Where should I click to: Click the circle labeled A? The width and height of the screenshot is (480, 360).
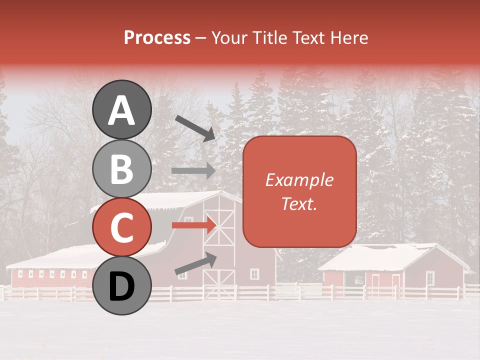[121, 109]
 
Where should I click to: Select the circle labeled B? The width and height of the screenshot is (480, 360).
[121, 168]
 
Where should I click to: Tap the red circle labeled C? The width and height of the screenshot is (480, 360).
[121, 227]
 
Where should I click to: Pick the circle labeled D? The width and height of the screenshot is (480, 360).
[121, 286]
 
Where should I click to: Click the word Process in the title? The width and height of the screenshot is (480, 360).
[157, 37]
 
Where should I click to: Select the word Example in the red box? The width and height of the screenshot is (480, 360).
[299, 180]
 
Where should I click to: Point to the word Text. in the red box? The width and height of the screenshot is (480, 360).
[299, 203]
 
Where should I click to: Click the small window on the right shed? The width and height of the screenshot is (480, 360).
[429, 277]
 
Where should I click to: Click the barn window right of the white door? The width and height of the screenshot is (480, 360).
[254, 274]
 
